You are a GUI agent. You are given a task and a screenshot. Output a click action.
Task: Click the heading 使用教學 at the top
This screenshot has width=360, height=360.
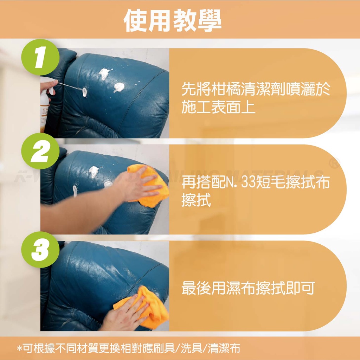click(172, 20)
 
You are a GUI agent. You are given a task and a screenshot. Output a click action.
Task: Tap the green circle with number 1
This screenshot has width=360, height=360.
click(40, 57)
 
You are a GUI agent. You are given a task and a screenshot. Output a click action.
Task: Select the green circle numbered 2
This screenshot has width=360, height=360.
click(40, 151)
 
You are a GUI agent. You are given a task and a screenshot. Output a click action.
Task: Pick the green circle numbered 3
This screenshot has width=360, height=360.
click(40, 250)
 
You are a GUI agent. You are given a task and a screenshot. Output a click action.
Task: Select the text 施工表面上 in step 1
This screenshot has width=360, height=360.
click(218, 107)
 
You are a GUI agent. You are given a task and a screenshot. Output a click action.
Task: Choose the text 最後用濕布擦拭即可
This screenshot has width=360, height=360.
click(248, 288)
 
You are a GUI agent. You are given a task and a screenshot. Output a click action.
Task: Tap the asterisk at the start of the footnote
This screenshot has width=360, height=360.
click(20, 348)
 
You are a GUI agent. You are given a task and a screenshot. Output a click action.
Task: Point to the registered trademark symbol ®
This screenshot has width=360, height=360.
click(335, 163)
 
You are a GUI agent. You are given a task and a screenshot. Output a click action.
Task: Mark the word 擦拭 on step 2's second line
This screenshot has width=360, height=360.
click(196, 200)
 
